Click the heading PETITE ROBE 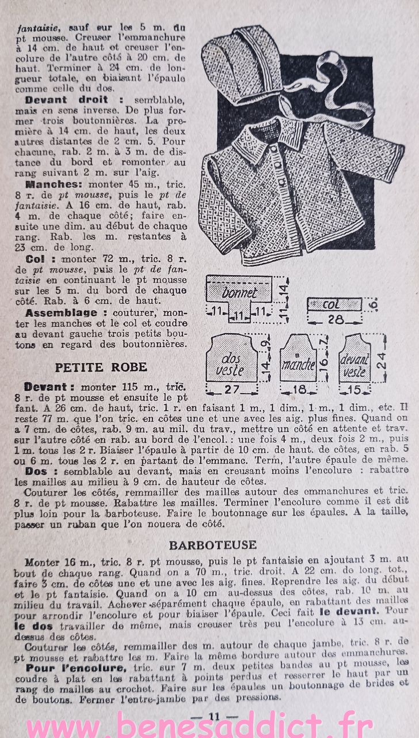tap(101, 367)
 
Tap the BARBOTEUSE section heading tap(213, 544)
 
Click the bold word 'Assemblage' tap(61, 312)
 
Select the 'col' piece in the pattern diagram tap(333, 304)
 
